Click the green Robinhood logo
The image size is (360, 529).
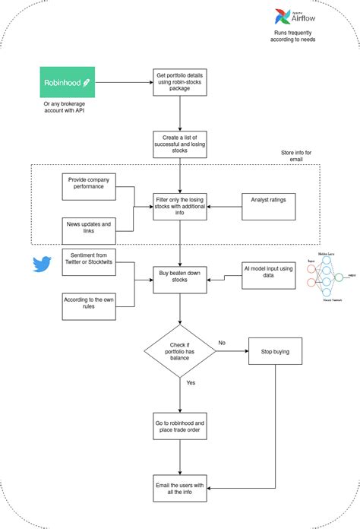(68, 81)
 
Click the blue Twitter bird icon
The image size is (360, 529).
(41, 264)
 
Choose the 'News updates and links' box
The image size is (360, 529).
(88, 230)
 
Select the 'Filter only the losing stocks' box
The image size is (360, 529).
(180, 204)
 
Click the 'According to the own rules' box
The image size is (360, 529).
(88, 306)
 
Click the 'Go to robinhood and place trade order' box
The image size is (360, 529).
(180, 427)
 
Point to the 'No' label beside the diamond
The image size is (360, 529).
(222, 343)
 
